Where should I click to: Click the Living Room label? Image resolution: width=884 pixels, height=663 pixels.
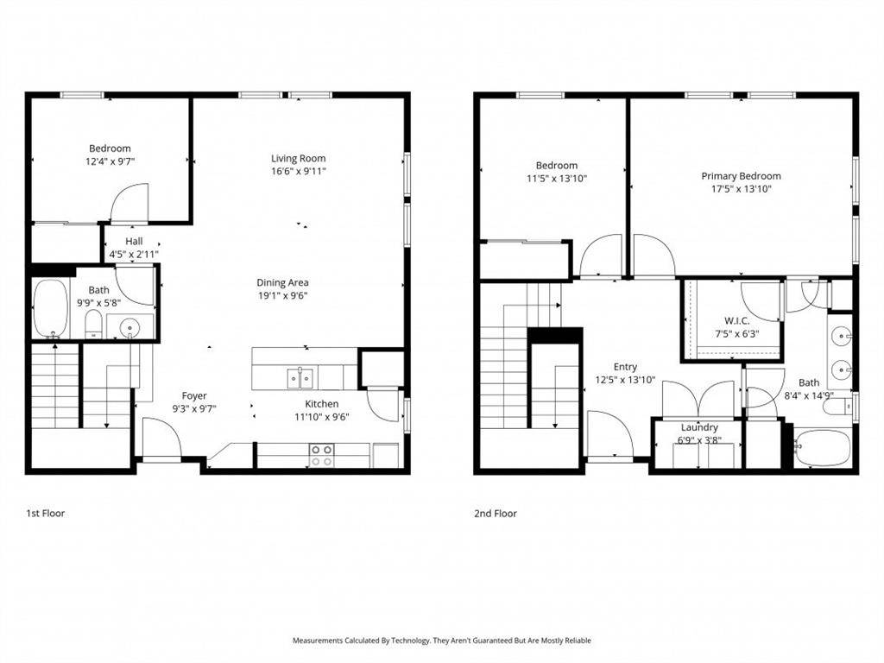tap(298, 158)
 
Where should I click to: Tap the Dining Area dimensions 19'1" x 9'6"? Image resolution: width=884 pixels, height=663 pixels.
tap(282, 295)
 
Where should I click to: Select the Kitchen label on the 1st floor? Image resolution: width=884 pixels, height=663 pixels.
tap(321, 404)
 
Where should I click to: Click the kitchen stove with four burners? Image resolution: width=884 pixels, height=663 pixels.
tap(321, 455)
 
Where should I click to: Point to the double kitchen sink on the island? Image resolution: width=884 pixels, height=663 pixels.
tap(300, 377)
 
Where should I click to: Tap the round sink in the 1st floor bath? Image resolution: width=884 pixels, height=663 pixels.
tap(129, 327)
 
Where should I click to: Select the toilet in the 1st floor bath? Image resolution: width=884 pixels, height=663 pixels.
tap(93, 325)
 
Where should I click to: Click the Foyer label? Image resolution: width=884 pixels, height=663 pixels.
tap(194, 396)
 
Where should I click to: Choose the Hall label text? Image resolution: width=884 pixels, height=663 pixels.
tap(134, 241)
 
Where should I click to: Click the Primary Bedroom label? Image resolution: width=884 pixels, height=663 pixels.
tap(741, 176)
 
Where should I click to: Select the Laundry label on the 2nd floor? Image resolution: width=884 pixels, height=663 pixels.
tap(699, 427)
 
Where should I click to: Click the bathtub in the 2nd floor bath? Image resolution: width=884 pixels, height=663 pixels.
tap(823, 448)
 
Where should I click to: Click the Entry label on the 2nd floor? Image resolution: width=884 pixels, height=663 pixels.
tap(625, 367)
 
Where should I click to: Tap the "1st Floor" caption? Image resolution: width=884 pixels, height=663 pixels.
tap(45, 514)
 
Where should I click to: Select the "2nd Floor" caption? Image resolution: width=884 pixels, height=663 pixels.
tap(495, 514)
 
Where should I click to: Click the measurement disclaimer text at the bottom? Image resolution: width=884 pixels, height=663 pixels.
tap(441, 641)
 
